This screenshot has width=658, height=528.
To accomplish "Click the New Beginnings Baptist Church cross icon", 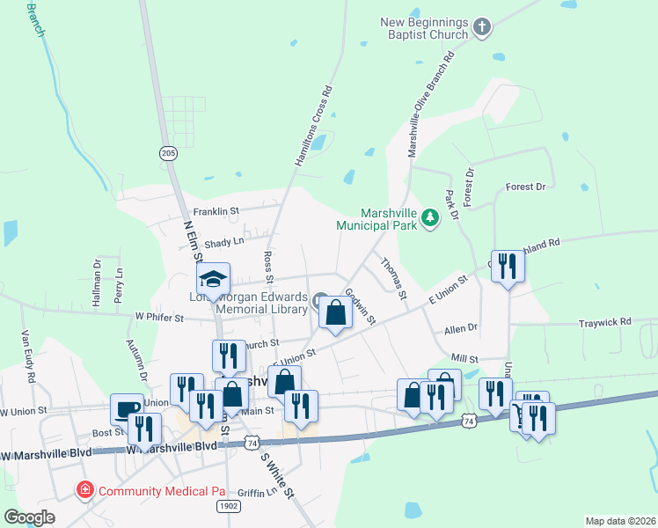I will (481, 28).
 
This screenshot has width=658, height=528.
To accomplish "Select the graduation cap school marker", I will (212, 279).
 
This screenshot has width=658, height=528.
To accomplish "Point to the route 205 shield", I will (168, 153).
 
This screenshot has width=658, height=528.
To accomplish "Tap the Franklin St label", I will (216, 211).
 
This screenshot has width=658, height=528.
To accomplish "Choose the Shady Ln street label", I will (223, 242).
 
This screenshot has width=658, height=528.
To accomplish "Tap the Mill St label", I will (464, 359).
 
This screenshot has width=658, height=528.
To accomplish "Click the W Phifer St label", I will (160, 317).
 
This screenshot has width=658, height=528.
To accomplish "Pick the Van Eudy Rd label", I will (27, 356).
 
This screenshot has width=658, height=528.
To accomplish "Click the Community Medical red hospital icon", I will (85, 489).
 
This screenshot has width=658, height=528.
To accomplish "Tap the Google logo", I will (29, 517).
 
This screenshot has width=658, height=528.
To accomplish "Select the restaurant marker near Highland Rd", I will (508, 267).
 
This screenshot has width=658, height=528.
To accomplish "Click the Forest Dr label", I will (526, 187).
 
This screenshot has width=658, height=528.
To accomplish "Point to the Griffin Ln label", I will (256, 493).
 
